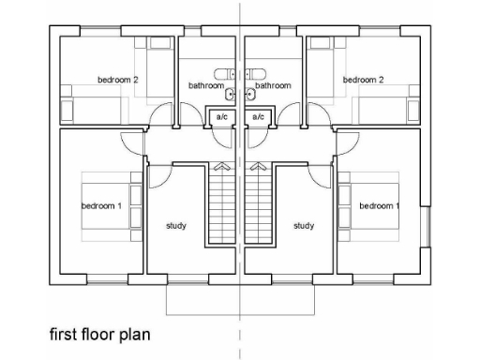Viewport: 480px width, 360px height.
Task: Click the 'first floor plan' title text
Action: point(100,333)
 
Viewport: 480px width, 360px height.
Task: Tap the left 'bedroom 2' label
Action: point(118,80)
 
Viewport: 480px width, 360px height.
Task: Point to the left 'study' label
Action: point(176,225)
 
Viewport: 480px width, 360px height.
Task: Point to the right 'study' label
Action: point(303,225)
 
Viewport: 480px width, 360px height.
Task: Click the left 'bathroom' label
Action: point(206,85)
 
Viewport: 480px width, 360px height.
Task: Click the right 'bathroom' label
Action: point(274,85)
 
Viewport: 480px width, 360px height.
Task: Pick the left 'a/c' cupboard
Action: point(221,116)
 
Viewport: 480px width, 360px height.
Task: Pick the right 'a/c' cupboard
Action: point(258,116)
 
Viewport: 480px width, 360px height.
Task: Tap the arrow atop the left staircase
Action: point(222,166)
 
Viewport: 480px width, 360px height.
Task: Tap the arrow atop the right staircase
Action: point(258,166)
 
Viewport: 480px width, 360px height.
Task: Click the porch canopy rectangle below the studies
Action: point(240,298)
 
